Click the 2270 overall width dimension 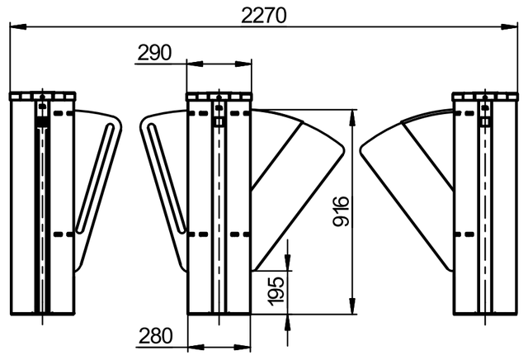point(264,16)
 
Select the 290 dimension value point(154,53)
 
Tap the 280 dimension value point(156,336)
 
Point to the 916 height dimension point(341,211)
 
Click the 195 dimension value point(276,291)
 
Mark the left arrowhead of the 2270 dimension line point(18,26)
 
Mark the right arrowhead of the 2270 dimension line point(509,26)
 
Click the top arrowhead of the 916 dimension point(352,118)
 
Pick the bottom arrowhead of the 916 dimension point(352,306)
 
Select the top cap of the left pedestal point(42,97)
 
